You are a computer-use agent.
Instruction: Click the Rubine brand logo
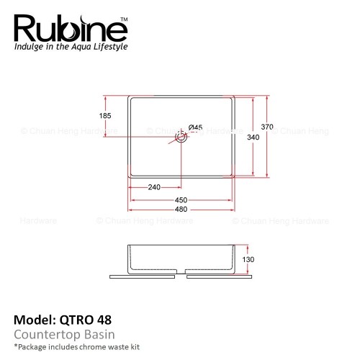tap(71, 29)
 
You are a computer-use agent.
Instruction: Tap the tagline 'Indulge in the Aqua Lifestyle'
tap(71, 47)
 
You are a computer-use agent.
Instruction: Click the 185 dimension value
tap(105, 116)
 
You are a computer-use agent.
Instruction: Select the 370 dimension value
tap(267, 127)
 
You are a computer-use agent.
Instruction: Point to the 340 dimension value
tap(253, 137)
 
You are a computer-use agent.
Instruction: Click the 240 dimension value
tap(154, 187)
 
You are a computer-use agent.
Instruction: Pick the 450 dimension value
tap(181, 200)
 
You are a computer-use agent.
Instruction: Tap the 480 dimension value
tap(181, 210)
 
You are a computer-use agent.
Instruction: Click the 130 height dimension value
tap(248, 259)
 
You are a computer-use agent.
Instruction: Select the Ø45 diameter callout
tap(195, 127)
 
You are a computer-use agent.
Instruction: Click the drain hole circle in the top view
tap(181, 137)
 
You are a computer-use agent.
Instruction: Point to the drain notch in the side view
tap(181, 271)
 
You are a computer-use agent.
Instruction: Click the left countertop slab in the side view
tap(142, 276)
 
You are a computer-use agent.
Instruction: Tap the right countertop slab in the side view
tap(220, 276)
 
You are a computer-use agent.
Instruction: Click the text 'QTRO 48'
tap(86, 320)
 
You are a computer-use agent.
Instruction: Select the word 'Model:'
tap(35, 320)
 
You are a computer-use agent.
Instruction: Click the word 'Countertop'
tap(48, 335)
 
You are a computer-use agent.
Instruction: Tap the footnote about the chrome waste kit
tap(77, 347)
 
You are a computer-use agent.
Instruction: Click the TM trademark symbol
tap(124, 19)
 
